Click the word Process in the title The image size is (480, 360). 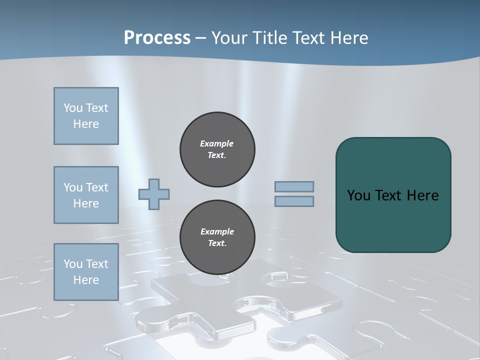(157, 38)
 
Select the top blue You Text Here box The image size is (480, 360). (86, 116)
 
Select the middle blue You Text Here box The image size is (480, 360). (86, 195)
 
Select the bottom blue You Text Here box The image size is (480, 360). (86, 272)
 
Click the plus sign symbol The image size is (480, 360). (154, 194)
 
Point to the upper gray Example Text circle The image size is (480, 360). (217, 149)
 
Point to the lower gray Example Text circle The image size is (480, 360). (217, 237)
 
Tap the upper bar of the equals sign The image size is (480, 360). (294, 186)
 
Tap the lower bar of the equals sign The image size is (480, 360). (294, 201)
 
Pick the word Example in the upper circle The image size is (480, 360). (217, 143)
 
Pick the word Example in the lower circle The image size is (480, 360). (217, 231)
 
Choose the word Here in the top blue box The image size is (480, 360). (86, 124)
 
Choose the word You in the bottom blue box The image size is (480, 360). (72, 264)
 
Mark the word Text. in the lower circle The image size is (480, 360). (217, 243)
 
